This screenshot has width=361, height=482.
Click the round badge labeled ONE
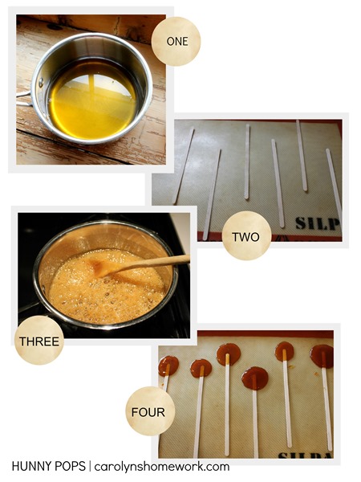(x=176, y=41)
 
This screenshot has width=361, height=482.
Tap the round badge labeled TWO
(x=246, y=235)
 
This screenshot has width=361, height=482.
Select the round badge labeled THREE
(x=39, y=341)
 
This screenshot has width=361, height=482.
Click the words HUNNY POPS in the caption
(x=48, y=466)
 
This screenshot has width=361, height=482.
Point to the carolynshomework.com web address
(x=162, y=467)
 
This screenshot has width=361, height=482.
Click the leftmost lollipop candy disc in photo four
(x=168, y=366)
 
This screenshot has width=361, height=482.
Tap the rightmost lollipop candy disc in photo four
(x=322, y=356)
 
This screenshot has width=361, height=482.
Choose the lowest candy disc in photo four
(x=255, y=378)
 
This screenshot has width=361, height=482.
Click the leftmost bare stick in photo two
(x=185, y=166)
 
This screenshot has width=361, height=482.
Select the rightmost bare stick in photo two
(x=334, y=185)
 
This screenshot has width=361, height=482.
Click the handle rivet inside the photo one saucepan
(x=41, y=82)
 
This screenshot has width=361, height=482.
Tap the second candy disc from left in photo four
(x=201, y=368)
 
